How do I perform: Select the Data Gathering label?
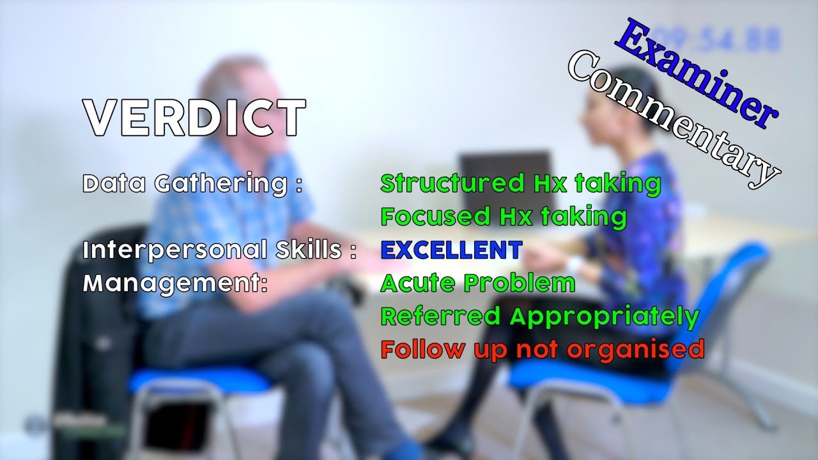click(192, 184)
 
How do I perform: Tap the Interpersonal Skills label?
click(219, 250)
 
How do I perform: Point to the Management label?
click(174, 283)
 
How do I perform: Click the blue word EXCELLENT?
click(451, 250)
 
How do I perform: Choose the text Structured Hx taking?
click(520, 183)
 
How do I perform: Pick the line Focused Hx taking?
click(504, 217)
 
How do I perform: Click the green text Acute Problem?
click(477, 283)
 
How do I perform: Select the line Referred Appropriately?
click(540, 316)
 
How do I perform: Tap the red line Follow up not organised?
click(543, 349)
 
